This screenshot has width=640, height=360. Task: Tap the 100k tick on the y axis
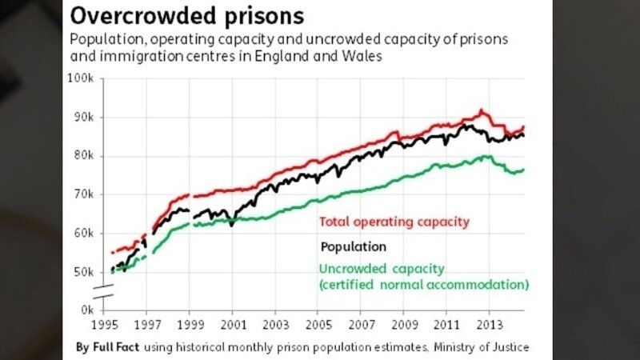pyautogui.click(x=82, y=78)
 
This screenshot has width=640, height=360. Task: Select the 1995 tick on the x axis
pyautogui.click(x=106, y=326)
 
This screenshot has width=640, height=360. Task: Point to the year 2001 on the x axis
pyautogui.click(x=232, y=326)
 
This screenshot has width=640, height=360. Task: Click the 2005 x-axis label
pyautogui.click(x=318, y=326)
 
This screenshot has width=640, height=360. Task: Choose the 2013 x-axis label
pyautogui.click(x=489, y=326)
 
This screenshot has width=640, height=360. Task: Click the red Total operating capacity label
pyautogui.click(x=394, y=222)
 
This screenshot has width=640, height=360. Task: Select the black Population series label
pyautogui.click(x=353, y=246)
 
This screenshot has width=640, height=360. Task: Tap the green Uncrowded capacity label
pyautogui.click(x=382, y=269)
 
